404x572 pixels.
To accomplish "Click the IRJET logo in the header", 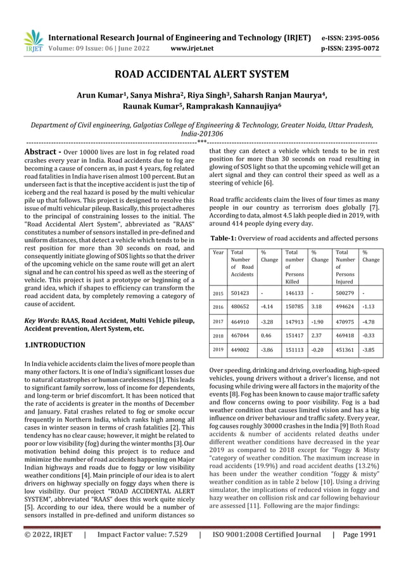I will (33, 40).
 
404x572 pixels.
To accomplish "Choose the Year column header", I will (218, 253).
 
